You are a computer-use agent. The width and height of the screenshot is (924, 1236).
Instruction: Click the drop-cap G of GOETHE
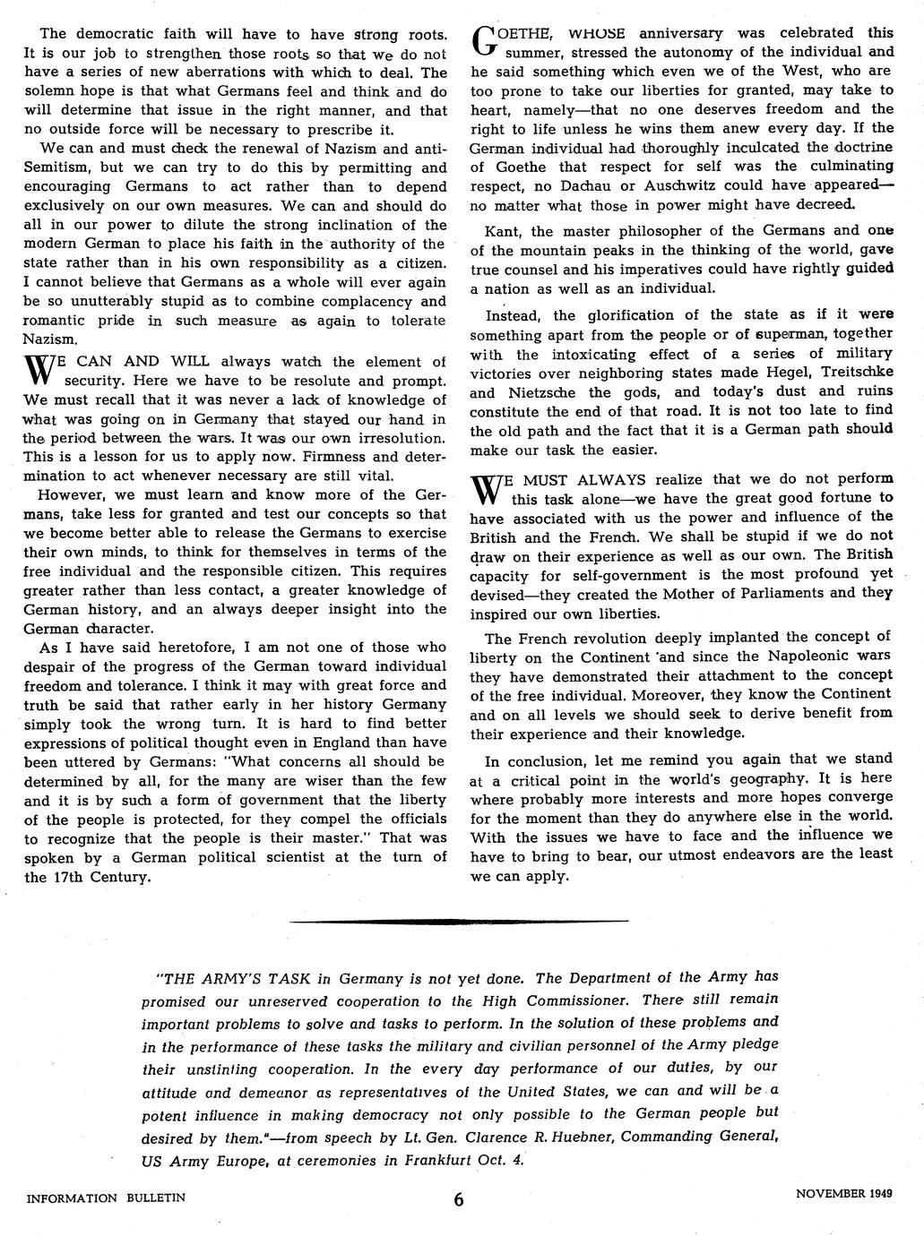point(483,40)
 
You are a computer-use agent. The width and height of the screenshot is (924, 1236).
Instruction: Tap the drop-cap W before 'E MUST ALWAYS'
point(484,488)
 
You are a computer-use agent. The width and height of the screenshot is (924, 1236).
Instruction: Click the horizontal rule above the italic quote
point(460,921)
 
